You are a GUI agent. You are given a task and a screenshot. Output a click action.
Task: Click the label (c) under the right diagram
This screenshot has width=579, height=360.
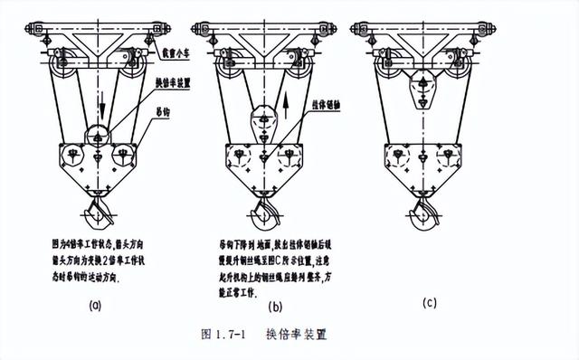(429, 304)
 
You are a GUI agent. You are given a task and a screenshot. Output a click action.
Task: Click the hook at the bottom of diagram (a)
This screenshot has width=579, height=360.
(97, 216)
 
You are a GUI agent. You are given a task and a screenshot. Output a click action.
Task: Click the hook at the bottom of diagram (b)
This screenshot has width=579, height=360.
(263, 216)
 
